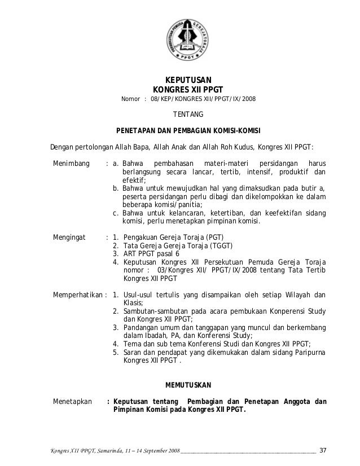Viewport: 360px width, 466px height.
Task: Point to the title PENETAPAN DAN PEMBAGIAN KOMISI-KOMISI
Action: (x=187, y=130)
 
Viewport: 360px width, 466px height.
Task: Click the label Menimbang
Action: (x=71, y=164)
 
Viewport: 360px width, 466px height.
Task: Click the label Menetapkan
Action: (x=72, y=402)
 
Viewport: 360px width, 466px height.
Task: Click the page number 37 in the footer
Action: (x=323, y=450)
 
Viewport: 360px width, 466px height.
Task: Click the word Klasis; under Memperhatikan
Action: (x=133, y=302)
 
